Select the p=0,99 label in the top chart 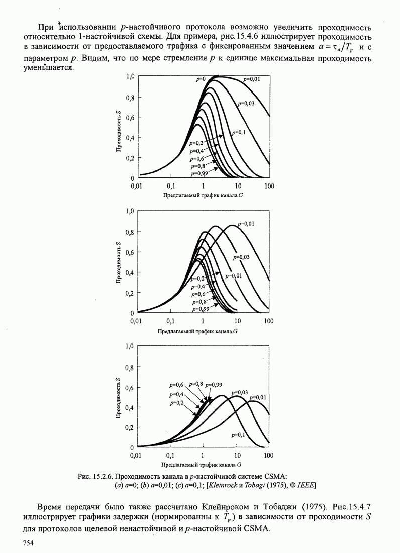pyautogui.click(x=199, y=173)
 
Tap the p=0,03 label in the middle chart pyautogui.click(x=241, y=257)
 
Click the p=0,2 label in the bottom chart pyautogui.click(x=177, y=403)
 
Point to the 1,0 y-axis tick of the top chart pyautogui.click(x=130, y=76)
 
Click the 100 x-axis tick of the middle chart pyautogui.click(x=269, y=321)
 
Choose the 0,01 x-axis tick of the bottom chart pyautogui.click(x=137, y=455)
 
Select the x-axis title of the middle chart pyautogui.click(x=197, y=331)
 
